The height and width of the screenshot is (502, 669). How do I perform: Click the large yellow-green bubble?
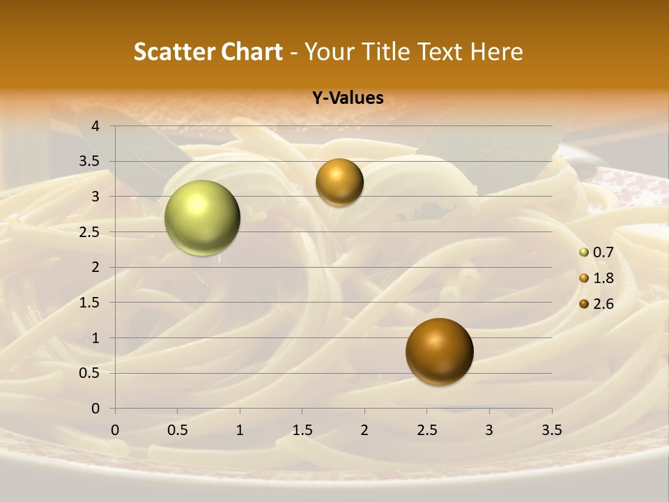pos(202,218)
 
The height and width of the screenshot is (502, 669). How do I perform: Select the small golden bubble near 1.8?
pos(339,182)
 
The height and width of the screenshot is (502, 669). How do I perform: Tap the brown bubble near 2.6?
pos(439,351)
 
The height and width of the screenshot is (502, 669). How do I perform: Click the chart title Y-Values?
pos(348,98)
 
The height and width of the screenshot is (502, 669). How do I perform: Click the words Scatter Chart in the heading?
pos(208,52)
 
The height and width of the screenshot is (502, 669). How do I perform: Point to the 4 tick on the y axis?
pos(95,126)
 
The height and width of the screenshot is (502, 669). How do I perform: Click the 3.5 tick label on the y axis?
pos(89,162)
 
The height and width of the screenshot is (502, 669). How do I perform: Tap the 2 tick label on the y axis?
pos(95,267)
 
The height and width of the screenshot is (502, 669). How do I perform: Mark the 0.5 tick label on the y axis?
pos(89,373)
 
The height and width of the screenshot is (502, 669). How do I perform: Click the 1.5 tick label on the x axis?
pos(302,430)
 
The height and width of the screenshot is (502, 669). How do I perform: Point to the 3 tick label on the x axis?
pos(489,430)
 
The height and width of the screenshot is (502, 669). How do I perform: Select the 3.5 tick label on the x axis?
pos(551,430)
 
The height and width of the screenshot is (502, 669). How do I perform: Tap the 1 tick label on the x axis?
pos(240,430)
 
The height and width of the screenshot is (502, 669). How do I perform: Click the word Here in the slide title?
pos(496,52)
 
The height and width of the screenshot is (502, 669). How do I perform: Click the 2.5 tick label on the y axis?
pos(89,232)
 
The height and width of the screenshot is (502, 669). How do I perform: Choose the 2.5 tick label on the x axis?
pos(426,430)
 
